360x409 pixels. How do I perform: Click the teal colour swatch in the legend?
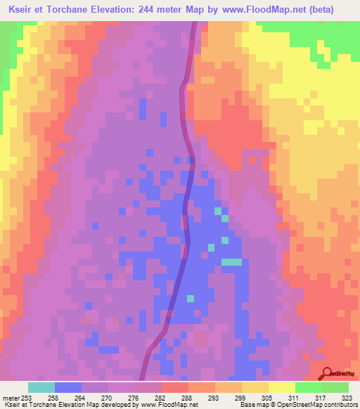click(41, 387)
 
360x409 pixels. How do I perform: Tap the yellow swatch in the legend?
click(281, 387)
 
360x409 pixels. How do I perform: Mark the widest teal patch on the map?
click(231, 261)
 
